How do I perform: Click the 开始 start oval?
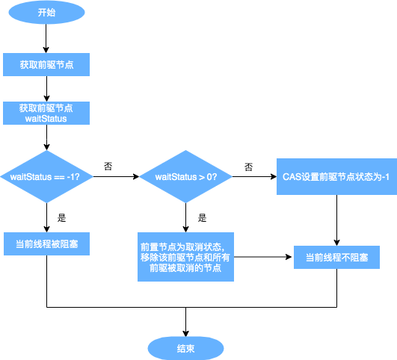point(46,13)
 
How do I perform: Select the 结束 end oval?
point(185,348)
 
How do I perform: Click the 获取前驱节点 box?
point(46,65)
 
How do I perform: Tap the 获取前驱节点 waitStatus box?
point(46,113)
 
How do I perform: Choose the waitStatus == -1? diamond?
point(46,177)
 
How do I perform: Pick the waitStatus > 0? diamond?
point(185,177)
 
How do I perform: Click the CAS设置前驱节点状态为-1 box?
point(336,177)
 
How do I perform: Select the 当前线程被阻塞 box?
point(46,243)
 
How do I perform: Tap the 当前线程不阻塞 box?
point(336,258)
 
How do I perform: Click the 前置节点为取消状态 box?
point(185,257)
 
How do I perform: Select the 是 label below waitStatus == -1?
point(62,219)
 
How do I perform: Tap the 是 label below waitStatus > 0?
point(202,219)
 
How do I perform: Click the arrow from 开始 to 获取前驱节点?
point(46,39)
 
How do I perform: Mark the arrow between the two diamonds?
point(116,178)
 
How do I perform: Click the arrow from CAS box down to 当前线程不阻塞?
point(336,220)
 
